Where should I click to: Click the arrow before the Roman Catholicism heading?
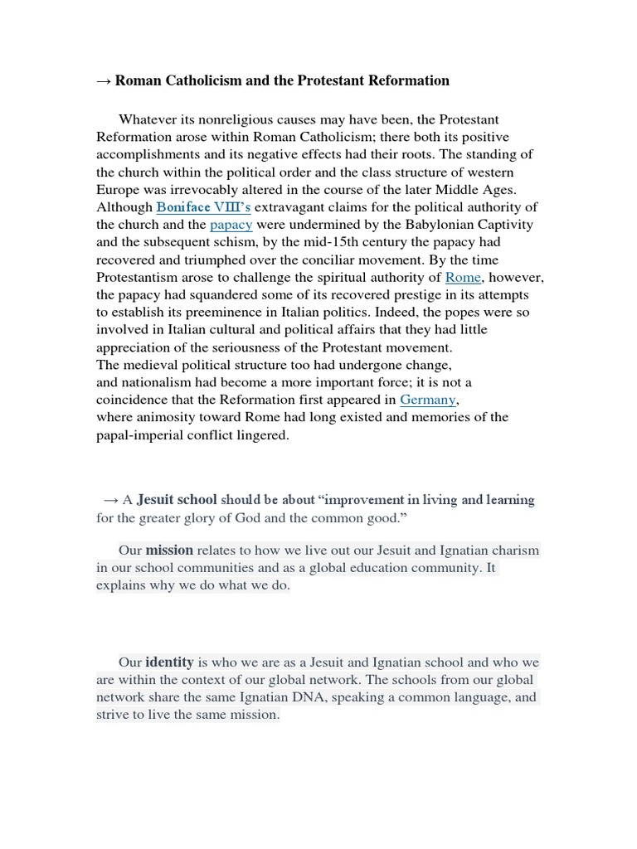coord(104,80)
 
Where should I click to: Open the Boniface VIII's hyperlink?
coord(196,207)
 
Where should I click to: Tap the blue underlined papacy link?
coord(231,225)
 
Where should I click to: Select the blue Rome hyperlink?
coord(463,277)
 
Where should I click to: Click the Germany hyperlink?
coord(428,400)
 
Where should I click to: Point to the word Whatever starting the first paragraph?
coord(147,120)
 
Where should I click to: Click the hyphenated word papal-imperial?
coord(143,434)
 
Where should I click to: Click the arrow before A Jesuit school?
coord(110,500)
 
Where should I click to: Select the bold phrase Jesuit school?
coord(177,500)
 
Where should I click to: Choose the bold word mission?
coord(169,550)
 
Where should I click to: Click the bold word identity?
coord(169,662)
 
